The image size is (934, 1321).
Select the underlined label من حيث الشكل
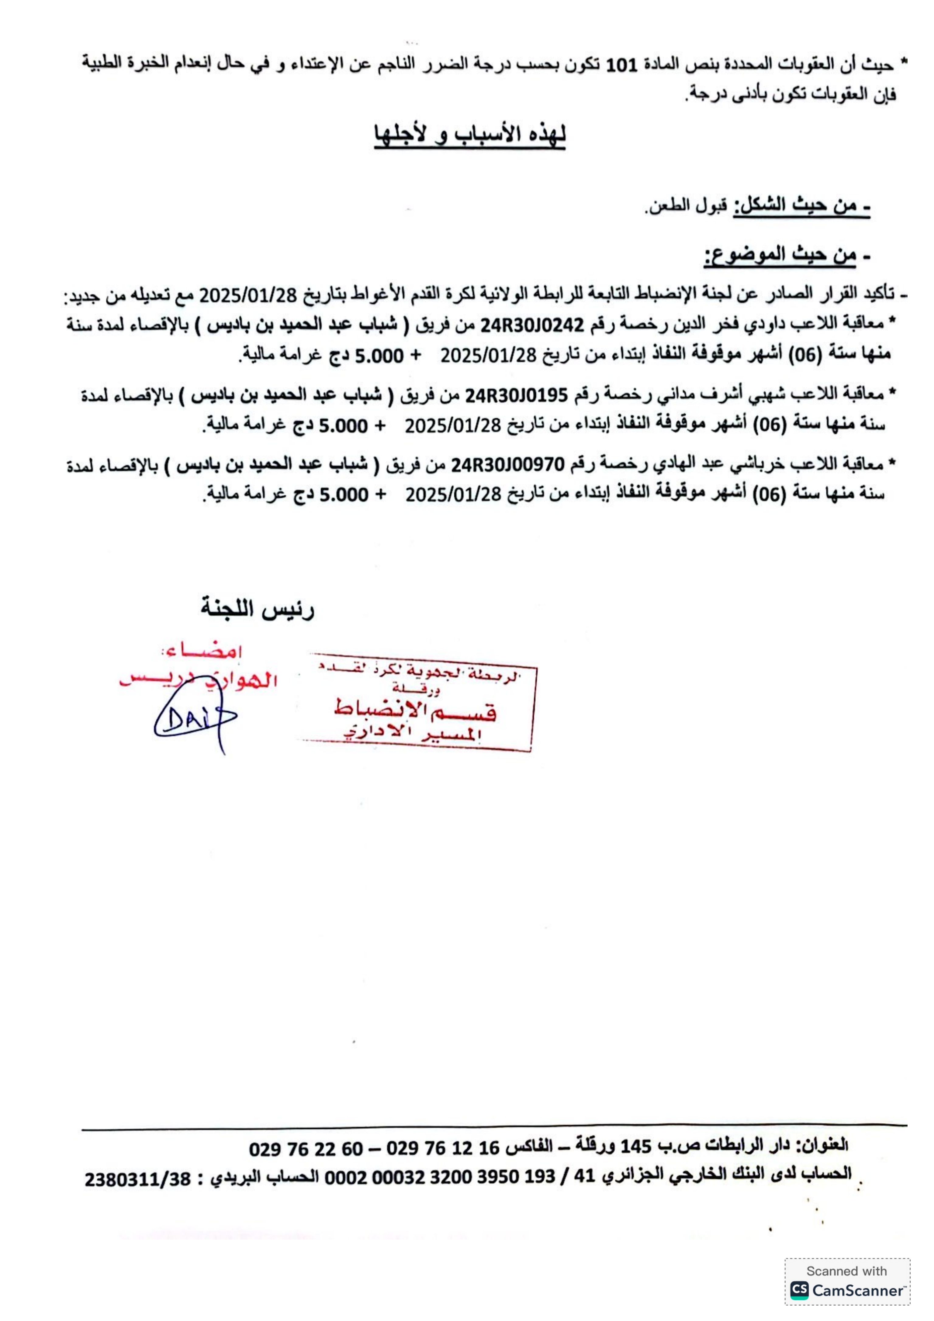point(801,205)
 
